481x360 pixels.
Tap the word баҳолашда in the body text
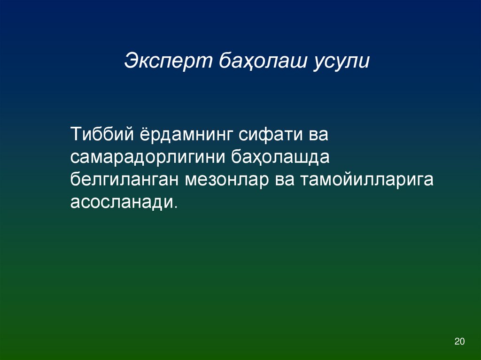280,157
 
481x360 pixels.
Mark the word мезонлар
226,180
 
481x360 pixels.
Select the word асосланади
122,203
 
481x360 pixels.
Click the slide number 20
459,341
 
